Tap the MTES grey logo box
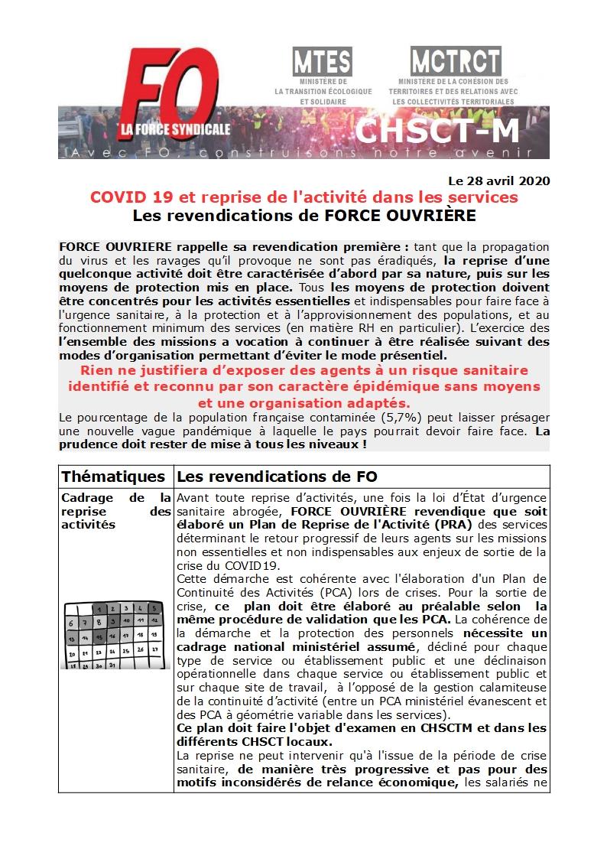point(322,60)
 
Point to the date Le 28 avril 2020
point(498,181)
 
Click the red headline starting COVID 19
point(303,197)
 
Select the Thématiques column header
point(113,476)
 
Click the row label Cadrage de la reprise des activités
point(115,511)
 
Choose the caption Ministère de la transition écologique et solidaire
point(323,91)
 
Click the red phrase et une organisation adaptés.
point(303,402)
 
